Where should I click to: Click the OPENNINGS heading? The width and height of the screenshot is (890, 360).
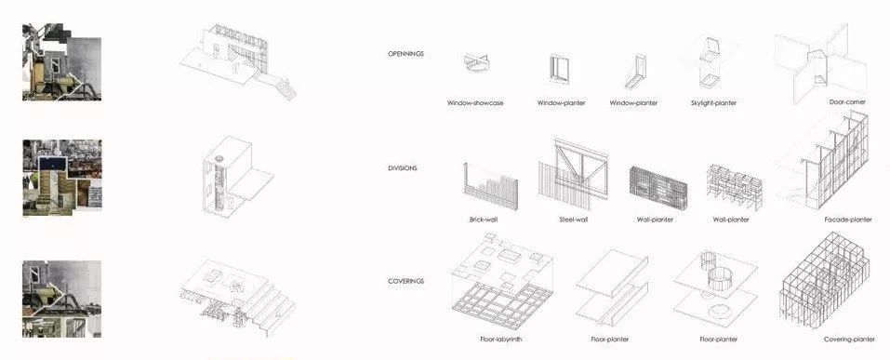point(405,54)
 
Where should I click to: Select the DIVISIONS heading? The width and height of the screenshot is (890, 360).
point(403,168)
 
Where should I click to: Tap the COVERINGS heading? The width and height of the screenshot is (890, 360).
point(405,281)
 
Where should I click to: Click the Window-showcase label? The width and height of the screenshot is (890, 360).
point(475,103)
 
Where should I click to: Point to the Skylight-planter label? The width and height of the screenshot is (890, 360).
point(713,103)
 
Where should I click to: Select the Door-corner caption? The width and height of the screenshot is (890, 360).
point(847,102)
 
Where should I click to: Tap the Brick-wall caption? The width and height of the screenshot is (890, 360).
point(484,220)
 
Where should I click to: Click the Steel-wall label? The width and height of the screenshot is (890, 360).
point(573,220)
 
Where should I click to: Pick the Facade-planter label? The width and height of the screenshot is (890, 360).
point(848,220)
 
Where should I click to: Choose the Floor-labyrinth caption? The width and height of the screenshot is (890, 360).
point(501,340)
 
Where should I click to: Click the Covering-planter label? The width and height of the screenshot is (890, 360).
point(849,340)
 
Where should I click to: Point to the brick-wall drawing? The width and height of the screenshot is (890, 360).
point(491,186)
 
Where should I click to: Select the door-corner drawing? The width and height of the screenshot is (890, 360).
point(821,62)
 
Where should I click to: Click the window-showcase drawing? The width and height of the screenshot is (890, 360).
point(475,63)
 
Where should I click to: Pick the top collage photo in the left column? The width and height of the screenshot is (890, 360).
point(62,62)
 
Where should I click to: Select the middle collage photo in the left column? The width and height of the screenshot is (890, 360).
point(62,178)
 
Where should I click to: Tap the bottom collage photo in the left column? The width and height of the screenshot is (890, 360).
point(62,299)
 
